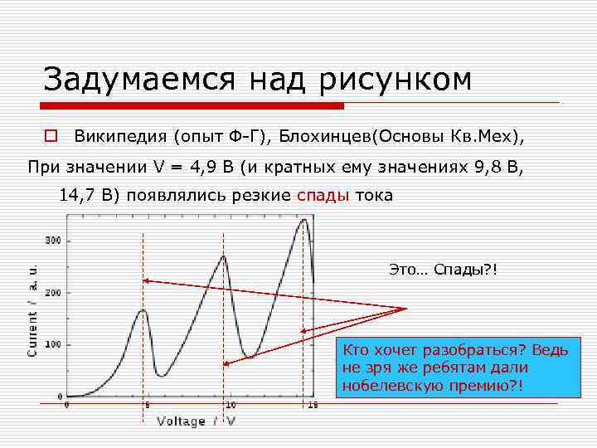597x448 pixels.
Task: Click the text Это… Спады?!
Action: [x=443, y=270]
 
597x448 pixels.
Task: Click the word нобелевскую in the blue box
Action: [x=388, y=387]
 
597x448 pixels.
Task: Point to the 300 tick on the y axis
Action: [x=52, y=241]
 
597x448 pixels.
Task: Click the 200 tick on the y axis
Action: [x=52, y=293]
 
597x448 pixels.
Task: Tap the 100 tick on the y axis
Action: [x=52, y=344]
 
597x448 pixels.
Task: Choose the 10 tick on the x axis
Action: [x=230, y=406]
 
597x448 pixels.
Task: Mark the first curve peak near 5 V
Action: [x=143, y=310]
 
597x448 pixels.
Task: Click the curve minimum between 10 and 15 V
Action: [x=249, y=357]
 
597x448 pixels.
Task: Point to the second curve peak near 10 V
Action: [x=223, y=256]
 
